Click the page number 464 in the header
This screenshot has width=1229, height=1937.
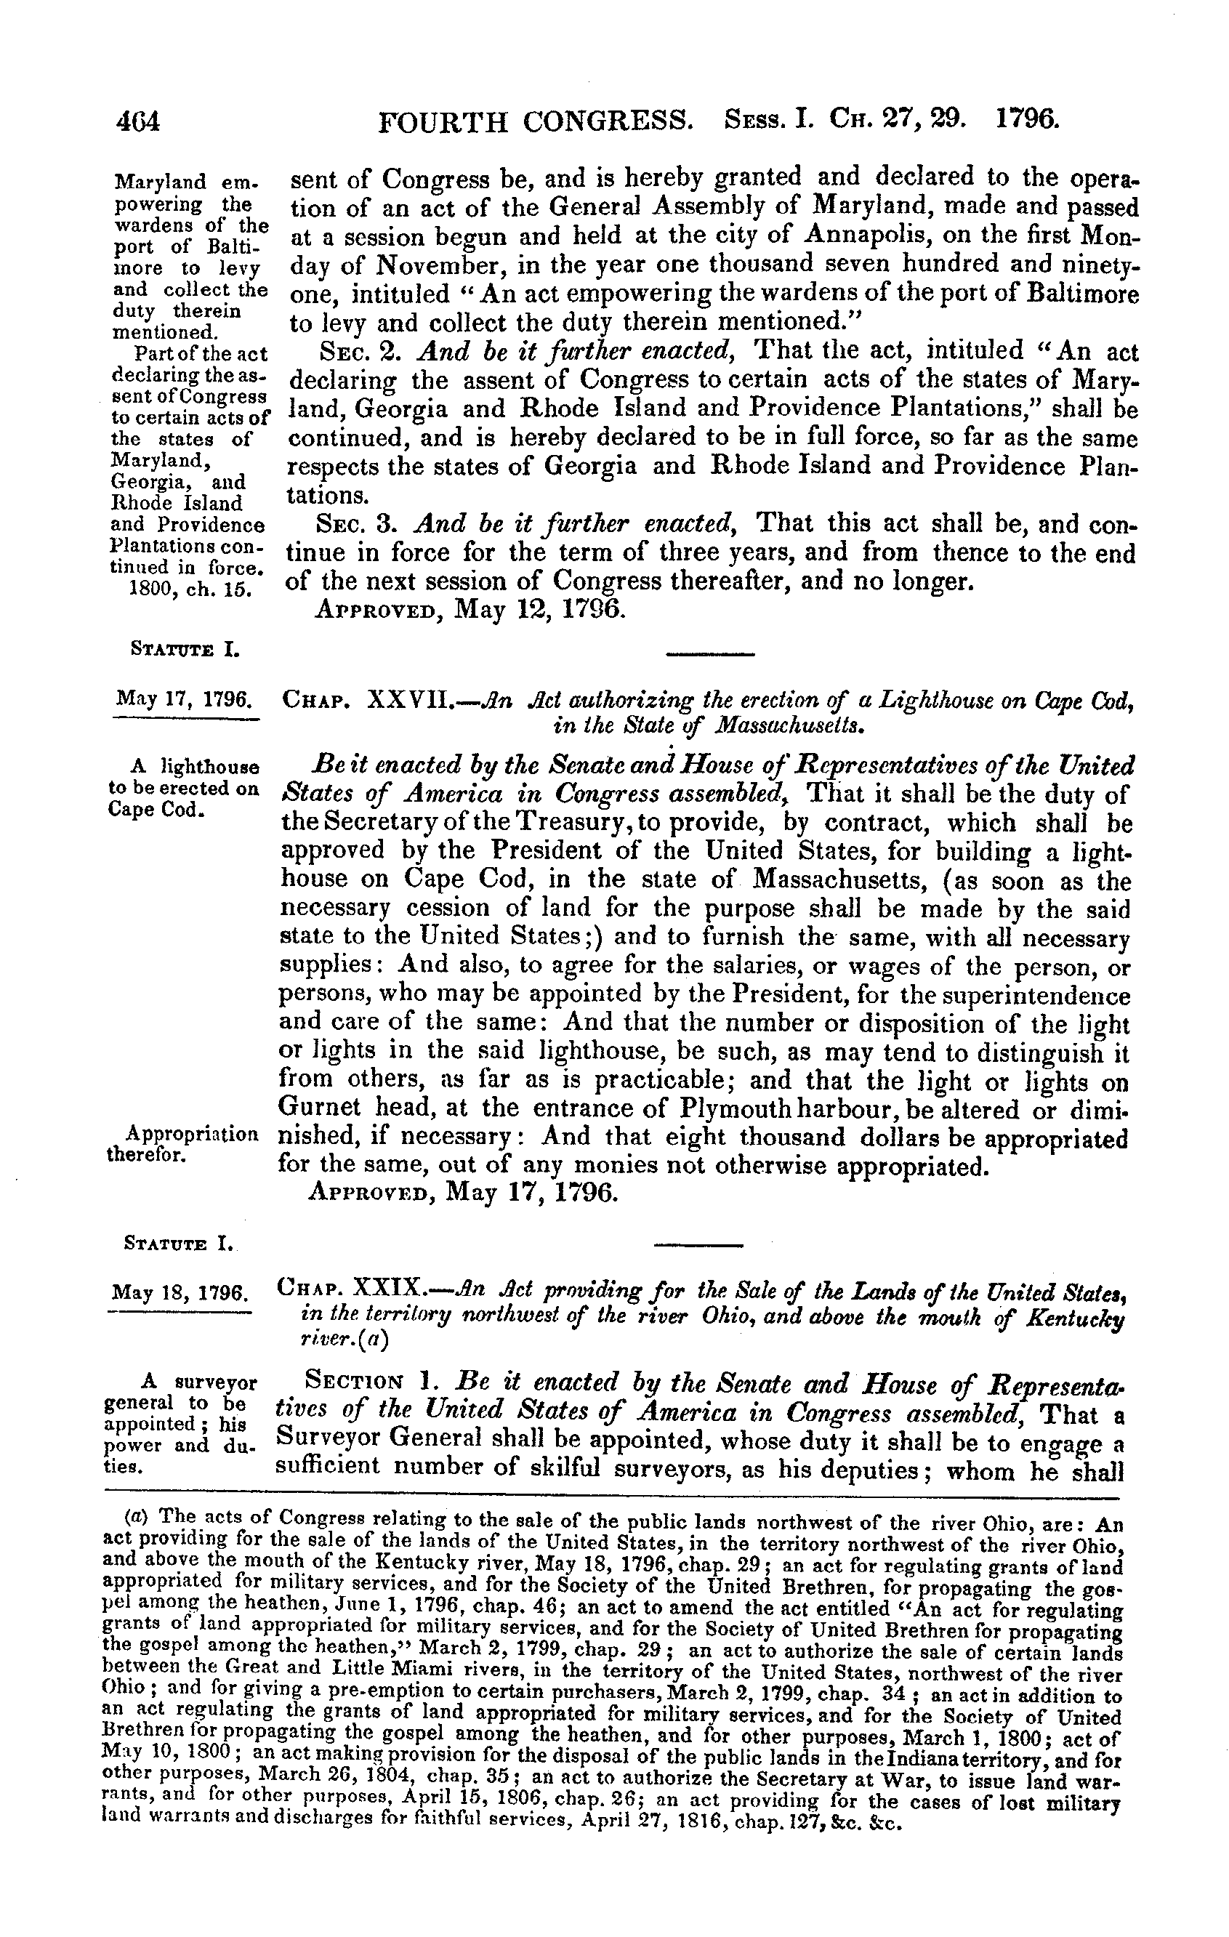(139, 121)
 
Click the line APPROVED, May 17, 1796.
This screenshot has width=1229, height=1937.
(462, 1192)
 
